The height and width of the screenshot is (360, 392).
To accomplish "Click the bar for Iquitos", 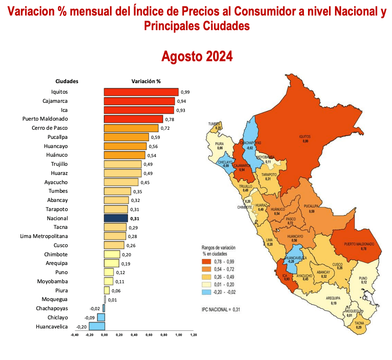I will (x=141, y=92).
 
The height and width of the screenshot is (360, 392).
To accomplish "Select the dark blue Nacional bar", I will (x=115, y=218).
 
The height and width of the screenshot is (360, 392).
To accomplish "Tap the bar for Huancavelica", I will (x=97, y=326).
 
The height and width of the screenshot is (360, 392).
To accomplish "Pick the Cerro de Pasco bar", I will (x=131, y=128).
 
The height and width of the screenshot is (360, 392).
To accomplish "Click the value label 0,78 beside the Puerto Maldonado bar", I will (x=169, y=119).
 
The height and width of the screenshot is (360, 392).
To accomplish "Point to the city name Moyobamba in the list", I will (x=52, y=281).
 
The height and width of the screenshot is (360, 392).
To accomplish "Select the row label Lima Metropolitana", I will (x=44, y=236).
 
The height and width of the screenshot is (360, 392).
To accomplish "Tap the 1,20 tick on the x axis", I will (x=193, y=335).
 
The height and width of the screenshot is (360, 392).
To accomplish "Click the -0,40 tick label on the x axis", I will (x=75, y=335).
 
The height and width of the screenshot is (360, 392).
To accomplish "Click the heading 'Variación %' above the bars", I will (x=146, y=81).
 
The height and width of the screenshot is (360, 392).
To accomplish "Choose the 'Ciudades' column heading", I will (x=67, y=81).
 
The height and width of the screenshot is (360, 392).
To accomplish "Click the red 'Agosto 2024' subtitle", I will (x=197, y=57).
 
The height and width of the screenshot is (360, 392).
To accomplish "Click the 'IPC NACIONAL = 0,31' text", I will (x=221, y=309).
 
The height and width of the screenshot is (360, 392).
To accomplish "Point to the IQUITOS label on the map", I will (x=305, y=136).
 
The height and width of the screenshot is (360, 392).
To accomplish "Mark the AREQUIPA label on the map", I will (x=334, y=298).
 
